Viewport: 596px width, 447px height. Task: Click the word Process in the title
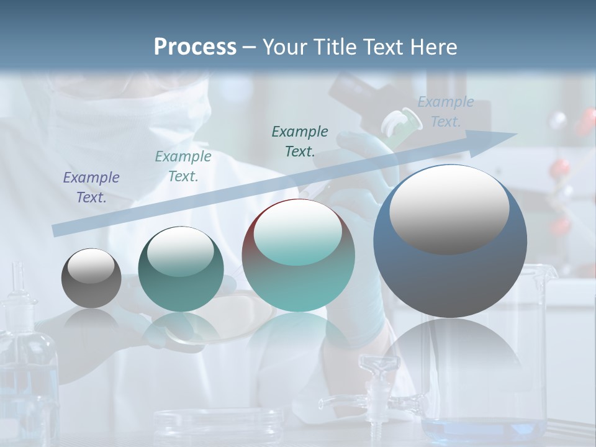tap(195, 47)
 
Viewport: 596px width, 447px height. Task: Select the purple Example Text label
tap(91, 187)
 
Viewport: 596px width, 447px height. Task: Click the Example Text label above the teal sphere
tap(183, 166)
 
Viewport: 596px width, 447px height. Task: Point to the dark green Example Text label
tap(300, 141)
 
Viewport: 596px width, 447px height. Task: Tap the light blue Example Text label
tap(445, 112)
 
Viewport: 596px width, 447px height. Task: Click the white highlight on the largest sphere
tap(449, 208)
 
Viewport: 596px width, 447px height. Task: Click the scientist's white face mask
tap(124, 130)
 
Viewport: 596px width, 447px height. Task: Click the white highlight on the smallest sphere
tap(91, 266)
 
